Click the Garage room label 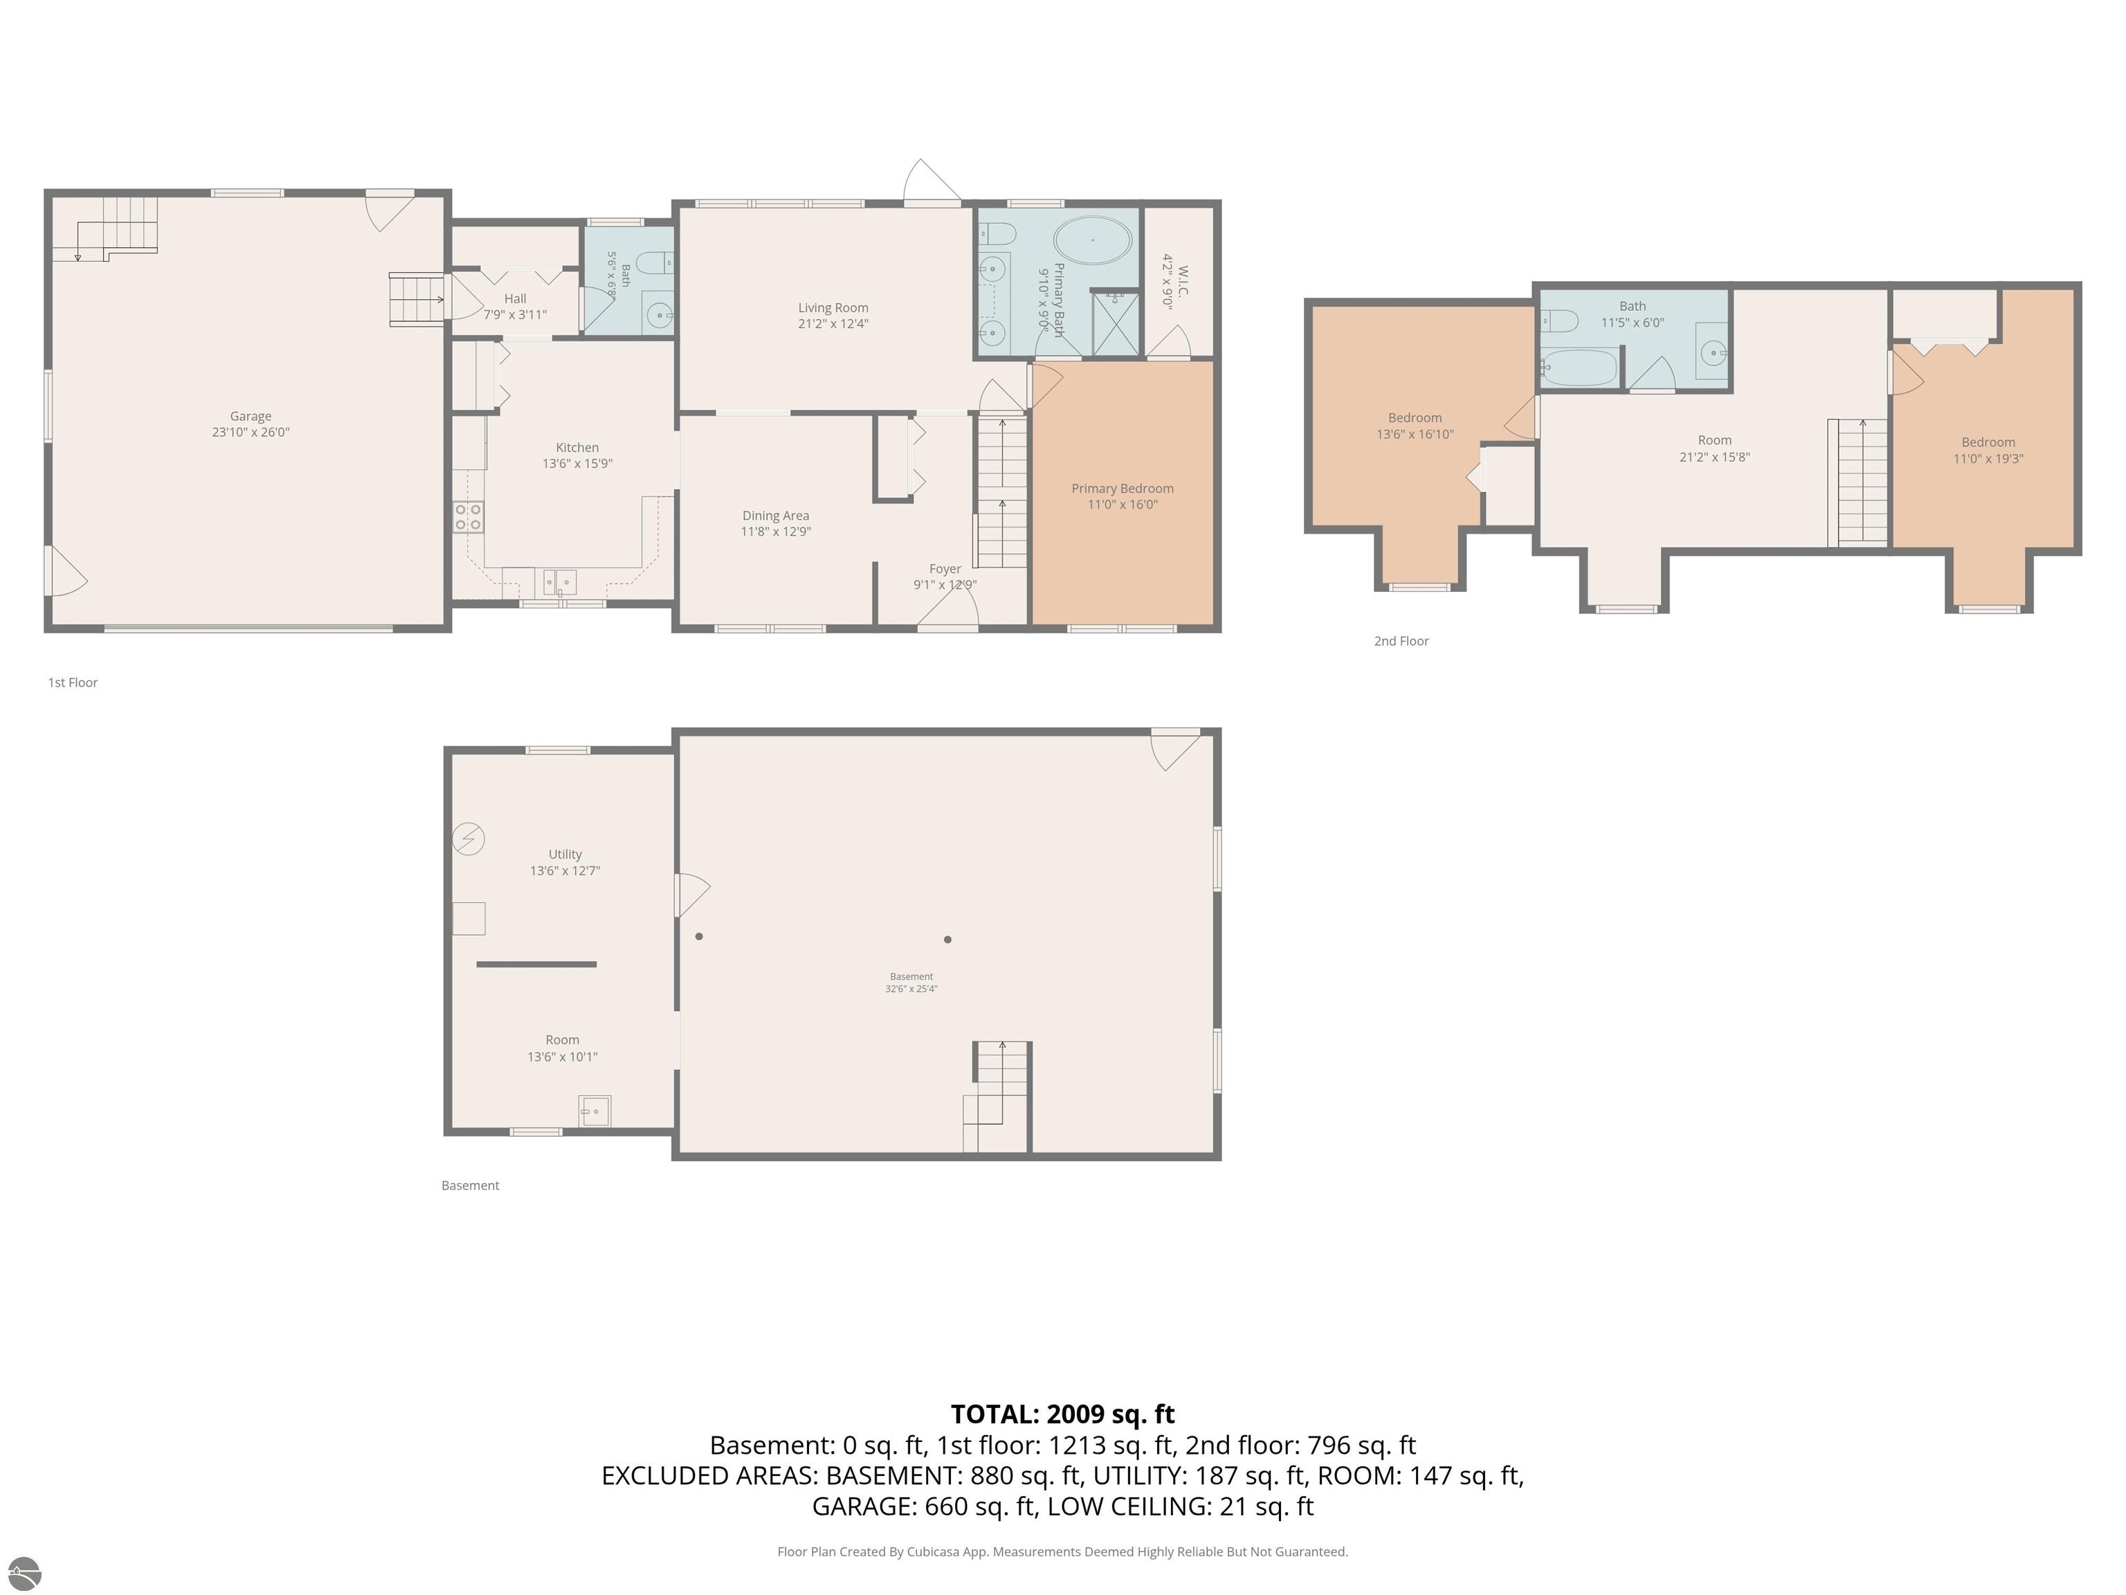click(250, 416)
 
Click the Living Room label click(833, 307)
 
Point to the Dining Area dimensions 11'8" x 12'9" click(776, 532)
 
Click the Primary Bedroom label click(1123, 489)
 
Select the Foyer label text click(945, 569)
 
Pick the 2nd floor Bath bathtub click(1579, 368)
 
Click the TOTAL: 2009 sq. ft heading click(1062, 1414)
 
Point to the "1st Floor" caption click(73, 683)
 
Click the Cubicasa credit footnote click(1062, 1552)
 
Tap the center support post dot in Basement click(947, 939)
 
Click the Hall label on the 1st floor click(515, 299)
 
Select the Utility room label click(565, 854)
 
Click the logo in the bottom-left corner click(24, 1573)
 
